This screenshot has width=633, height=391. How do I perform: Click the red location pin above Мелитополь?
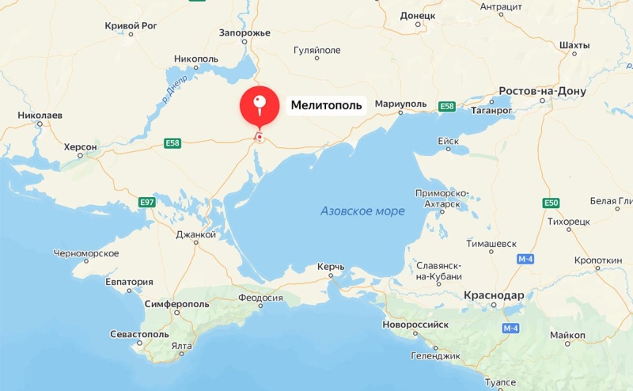260,106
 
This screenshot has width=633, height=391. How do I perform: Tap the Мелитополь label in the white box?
326,104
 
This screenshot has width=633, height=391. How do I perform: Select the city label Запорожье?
244,33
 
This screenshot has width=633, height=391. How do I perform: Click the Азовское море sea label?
362,211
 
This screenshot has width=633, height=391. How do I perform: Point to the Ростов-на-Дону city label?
542,91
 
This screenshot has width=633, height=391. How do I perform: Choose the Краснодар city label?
494,295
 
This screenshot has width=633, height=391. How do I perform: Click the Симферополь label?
177,304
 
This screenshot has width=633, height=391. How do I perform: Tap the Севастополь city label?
139,335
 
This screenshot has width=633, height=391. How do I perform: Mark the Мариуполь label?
400,104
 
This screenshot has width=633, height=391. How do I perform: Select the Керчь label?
331,267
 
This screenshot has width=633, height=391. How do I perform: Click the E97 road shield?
146,203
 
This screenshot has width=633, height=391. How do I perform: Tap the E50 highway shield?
552,203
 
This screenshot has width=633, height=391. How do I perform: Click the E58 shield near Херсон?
173,143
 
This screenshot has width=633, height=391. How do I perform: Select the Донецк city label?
418,15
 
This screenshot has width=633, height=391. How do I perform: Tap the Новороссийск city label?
415,325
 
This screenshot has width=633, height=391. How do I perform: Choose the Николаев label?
40,116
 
